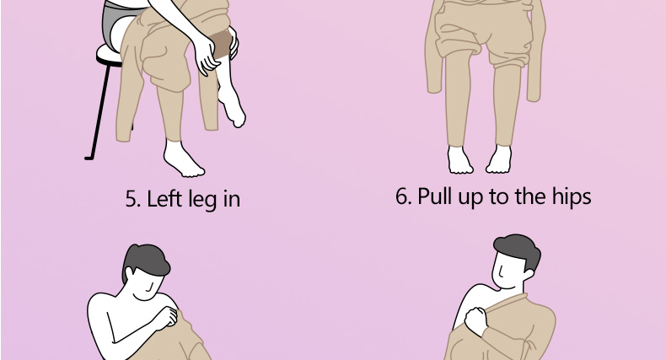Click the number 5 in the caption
(132, 200)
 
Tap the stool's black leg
(99, 112)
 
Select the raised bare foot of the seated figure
(232, 106)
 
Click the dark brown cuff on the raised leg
(221, 44)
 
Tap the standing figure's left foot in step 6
(459, 159)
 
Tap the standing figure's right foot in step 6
(499, 159)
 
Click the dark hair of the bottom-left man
(146, 261)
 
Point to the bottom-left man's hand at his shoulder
(167, 317)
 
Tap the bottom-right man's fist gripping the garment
(476, 320)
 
